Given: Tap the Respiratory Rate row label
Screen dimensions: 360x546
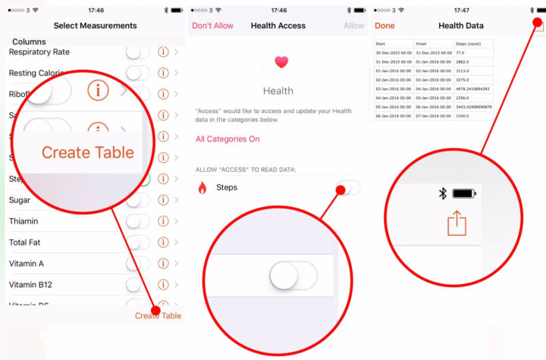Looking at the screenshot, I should (39, 52).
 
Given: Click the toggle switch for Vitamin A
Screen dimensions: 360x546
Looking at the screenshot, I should (138, 264).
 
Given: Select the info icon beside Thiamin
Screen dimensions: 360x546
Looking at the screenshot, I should (162, 221).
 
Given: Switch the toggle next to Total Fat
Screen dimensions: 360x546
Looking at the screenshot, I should (138, 243).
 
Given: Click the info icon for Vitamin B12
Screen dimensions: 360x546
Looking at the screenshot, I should (162, 285).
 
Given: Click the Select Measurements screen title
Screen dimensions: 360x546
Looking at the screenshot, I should (95, 26).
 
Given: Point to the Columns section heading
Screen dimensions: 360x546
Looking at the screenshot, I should (29, 42).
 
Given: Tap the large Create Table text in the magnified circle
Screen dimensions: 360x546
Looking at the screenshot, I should (87, 152).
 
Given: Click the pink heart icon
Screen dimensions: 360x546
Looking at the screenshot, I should (281, 63).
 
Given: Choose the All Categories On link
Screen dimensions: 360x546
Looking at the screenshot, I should (227, 139).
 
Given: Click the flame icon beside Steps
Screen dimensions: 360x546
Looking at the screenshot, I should (202, 187).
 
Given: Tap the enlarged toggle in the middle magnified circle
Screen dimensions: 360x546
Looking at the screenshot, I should (293, 275).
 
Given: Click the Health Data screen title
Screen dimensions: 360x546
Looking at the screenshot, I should (460, 26).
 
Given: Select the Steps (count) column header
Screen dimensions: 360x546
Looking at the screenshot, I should (472, 44).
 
